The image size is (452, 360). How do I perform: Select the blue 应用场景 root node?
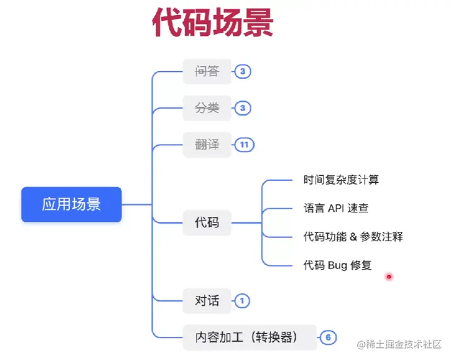pyautogui.click(x=71, y=204)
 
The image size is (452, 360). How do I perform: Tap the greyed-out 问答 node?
pyautogui.click(x=207, y=72)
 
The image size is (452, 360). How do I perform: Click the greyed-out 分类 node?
pyautogui.click(x=207, y=109)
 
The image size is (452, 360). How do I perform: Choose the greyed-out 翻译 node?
pyautogui.click(x=207, y=145)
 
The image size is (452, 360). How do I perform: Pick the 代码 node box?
pyautogui.click(x=207, y=222)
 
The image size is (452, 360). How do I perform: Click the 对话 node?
pyautogui.click(x=207, y=301)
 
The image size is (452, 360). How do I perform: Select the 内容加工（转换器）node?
pyautogui.click(x=250, y=337)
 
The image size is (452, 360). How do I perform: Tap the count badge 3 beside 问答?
pyautogui.click(x=242, y=72)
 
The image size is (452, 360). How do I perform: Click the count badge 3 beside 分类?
pyautogui.click(x=242, y=109)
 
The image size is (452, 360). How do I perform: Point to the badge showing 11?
pyautogui.click(x=244, y=145)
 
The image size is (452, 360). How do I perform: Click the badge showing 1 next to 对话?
pyautogui.click(x=242, y=301)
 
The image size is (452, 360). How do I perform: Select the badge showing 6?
pyautogui.click(x=328, y=337)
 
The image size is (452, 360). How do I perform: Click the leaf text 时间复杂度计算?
pyautogui.click(x=341, y=180)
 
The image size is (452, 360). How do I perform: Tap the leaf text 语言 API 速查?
pyautogui.click(x=340, y=208)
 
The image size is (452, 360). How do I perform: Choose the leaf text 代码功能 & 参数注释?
pyautogui.click(x=353, y=237)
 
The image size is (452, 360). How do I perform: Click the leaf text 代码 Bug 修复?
pyautogui.click(x=337, y=265)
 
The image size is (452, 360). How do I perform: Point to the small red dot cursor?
pyautogui.click(x=389, y=276)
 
